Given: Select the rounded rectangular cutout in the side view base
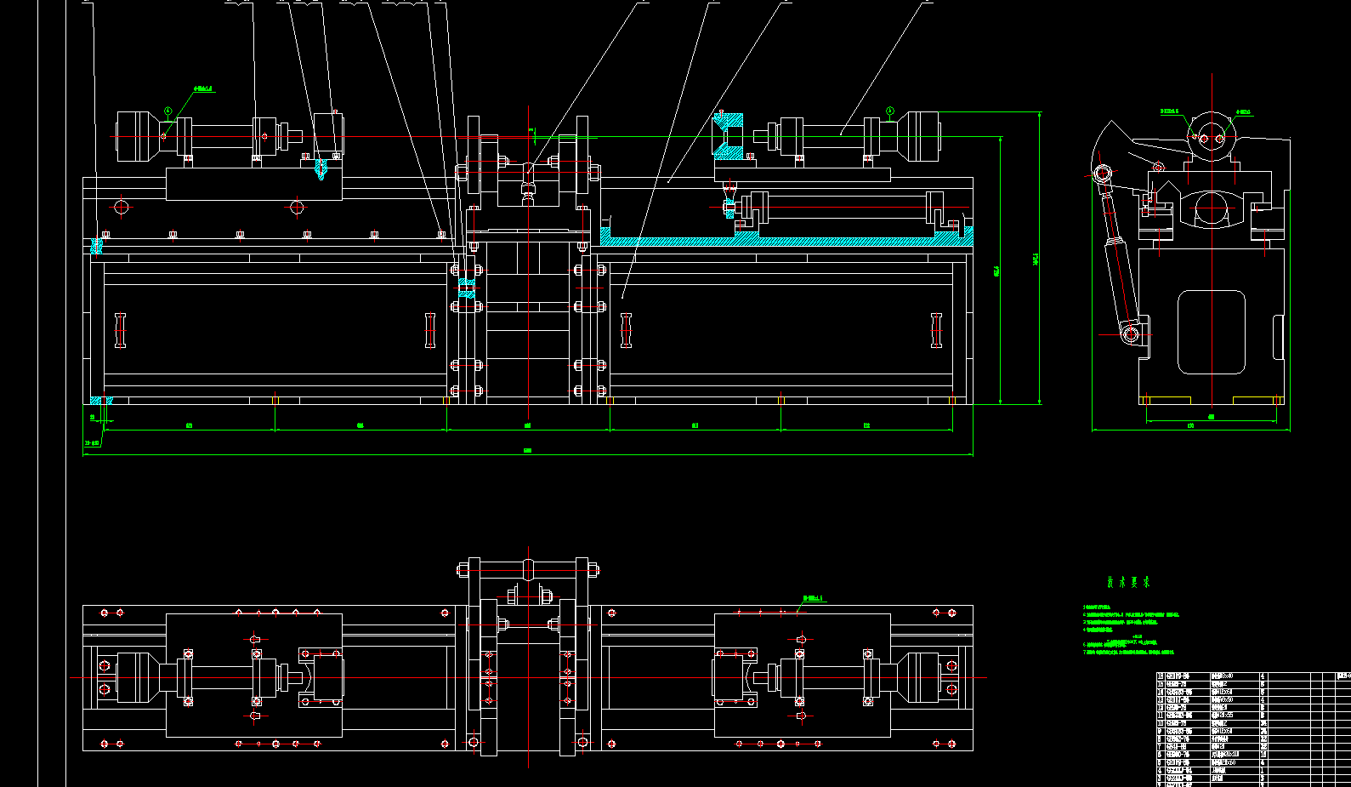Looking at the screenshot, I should click(1212, 332).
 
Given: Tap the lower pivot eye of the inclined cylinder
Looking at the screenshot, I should click(1131, 334).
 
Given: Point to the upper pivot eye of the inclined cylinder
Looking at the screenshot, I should click(1103, 174).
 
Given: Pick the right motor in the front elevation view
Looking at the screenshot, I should click(921, 136).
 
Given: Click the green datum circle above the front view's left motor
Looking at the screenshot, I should click(168, 111).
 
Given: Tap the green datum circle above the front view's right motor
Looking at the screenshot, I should click(890, 111).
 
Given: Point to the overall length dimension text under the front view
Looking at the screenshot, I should click(527, 451).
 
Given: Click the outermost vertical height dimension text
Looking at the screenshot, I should click(1036, 258).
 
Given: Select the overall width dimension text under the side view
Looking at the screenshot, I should click(1190, 426).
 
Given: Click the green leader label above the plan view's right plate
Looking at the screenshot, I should click(814, 599).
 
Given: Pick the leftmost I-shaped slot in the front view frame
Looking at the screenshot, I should click(120, 330).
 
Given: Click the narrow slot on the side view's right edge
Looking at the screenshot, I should click(1278, 337).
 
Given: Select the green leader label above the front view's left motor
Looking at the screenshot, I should click(204, 88).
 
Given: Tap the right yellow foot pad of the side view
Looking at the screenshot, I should click(1257, 400).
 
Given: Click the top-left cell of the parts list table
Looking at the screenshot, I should click(1161, 676).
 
